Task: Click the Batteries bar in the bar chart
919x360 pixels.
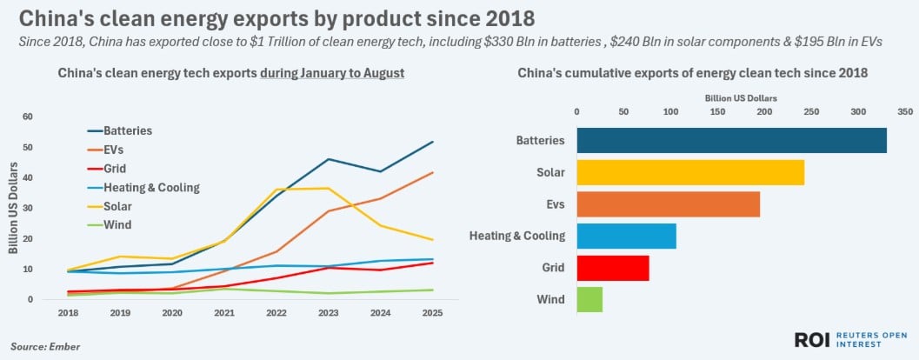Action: click(x=731, y=140)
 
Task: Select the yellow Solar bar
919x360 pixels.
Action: click(x=689, y=172)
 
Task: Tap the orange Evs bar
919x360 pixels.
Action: click(x=668, y=203)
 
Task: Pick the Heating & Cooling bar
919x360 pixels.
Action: click(x=626, y=236)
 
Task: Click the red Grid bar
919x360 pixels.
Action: click(x=612, y=268)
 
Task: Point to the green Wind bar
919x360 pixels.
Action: click(x=589, y=300)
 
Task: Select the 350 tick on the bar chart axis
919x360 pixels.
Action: click(x=905, y=111)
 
